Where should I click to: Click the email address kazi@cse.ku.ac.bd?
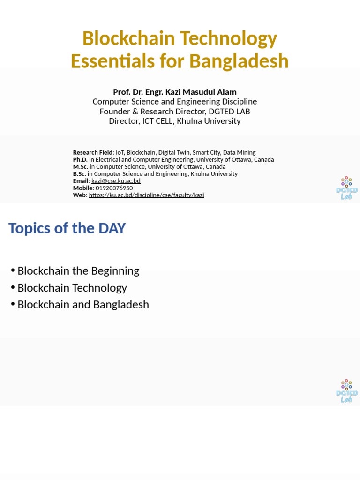point(116,181)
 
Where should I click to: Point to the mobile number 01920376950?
point(114,188)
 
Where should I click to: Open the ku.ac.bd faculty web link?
point(146,195)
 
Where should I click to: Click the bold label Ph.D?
point(80,159)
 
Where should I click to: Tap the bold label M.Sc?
point(81,166)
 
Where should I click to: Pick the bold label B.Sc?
point(80,174)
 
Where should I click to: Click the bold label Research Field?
point(93,152)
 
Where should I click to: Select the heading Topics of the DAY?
point(67,228)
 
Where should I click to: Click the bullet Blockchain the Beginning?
point(78,271)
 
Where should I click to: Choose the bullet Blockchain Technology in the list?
point(72,288)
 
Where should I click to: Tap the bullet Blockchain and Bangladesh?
point(83,305)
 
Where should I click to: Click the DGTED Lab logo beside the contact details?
point(347,188)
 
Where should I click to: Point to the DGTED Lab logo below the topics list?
point(347,391)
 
